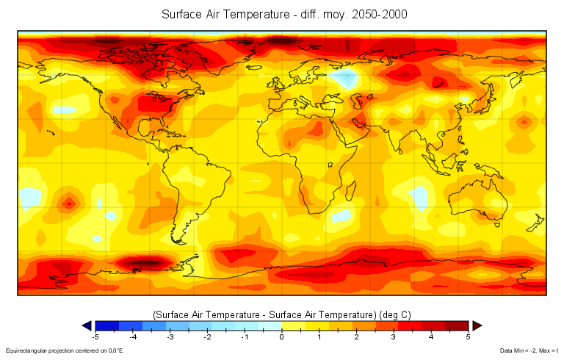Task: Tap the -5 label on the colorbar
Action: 95,338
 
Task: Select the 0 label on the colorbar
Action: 281,338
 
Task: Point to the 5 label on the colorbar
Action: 468,338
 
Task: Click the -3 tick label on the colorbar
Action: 170,338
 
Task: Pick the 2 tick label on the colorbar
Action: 356,338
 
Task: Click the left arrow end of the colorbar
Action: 87,325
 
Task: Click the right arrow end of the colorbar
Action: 476,325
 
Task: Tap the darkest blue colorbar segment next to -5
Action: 106,325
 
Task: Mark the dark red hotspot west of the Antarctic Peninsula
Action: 147,262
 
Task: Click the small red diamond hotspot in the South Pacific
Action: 69,202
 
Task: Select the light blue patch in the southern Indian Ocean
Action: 419,196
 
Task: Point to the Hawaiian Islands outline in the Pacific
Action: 50,132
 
